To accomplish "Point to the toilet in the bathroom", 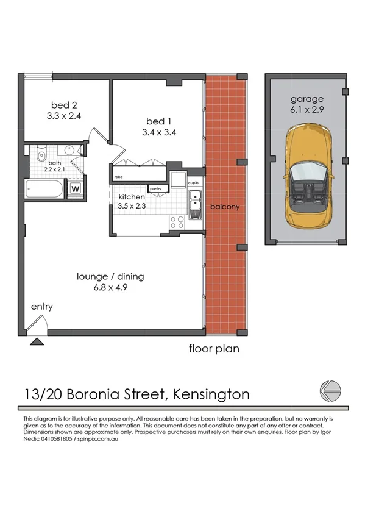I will point(41,153).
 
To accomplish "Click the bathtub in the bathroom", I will point(44,189).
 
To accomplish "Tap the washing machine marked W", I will point(76,188).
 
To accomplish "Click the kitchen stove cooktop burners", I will point(177,223).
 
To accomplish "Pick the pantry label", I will point(155,188).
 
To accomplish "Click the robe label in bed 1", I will point(118,177).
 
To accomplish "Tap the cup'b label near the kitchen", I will point(194,182).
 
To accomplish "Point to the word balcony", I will point(225,207).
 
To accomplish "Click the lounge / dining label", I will point(110,276).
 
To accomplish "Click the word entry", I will point(41,307).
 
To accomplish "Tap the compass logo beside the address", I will point(330,391).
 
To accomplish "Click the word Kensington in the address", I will point(211,394).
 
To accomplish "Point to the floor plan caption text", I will point(213,349).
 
